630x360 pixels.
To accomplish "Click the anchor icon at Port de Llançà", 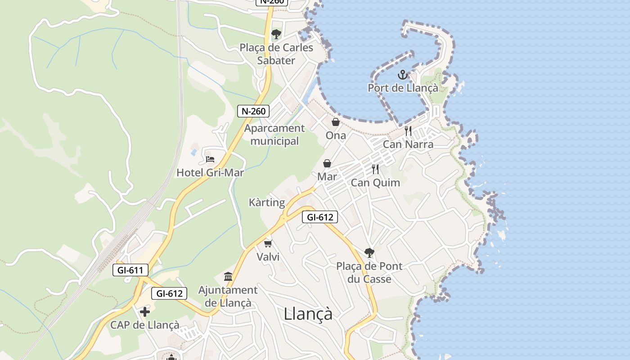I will [x=402, y=75].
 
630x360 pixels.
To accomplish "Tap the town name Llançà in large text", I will [x=308, y=314].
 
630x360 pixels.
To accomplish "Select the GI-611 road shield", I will [x=130, y=270].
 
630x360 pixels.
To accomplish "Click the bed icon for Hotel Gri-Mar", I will [x=210, y=159].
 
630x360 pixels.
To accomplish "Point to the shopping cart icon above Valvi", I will [x=268, y=244].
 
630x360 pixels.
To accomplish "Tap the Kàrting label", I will [x=267, y=202].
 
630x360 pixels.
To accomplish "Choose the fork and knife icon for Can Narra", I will [x=408, y=131].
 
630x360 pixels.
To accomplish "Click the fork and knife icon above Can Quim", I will [x=375, y=169].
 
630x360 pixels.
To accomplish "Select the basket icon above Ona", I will [x=336, y=122].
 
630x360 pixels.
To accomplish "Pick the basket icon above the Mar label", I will [x=327, y=163].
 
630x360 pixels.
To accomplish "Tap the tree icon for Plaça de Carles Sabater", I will [x=276, y=34].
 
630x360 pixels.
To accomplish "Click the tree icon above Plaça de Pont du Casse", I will [x=369, y=252].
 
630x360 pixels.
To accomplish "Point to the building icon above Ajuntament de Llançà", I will [x=228, y=276].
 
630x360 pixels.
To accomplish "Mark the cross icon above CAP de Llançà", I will [x=145, y=311].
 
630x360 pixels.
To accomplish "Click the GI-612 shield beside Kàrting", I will [x=319, y=217].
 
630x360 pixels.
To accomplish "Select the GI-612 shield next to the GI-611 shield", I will [x=169, y=293].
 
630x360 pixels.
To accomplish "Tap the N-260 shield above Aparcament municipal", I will [x=253, y=111].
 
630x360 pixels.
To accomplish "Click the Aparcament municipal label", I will [x=274, y=135].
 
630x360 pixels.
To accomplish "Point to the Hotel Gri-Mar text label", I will [x=210, y=172].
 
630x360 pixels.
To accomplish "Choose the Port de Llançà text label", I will [x=403, y=88].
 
